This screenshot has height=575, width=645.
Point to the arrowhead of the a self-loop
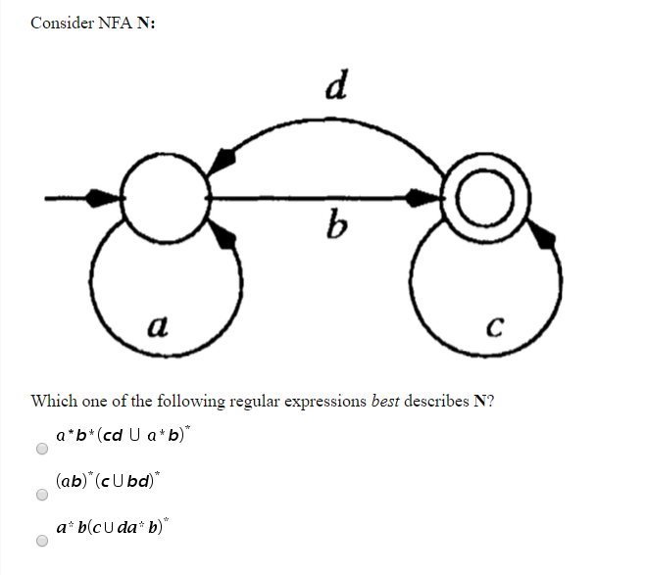tap(223, 236)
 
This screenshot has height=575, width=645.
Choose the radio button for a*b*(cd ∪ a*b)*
tap(41, 450)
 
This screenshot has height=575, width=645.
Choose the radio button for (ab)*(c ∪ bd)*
tap(41, 496)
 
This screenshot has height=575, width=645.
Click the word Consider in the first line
tap(63, 23)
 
